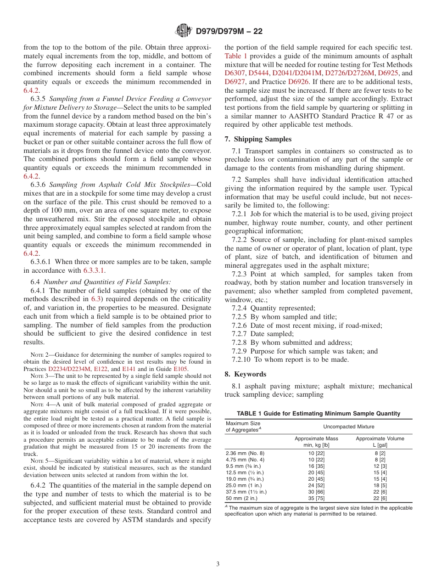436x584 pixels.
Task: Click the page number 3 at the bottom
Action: [x=218, y=564]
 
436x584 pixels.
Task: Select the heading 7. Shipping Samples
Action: [x=258, y=139]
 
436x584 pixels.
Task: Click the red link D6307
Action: [x=235, y=73]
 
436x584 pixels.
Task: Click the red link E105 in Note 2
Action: [x=180, y=369]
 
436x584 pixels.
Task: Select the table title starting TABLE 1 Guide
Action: [x=318, y=414]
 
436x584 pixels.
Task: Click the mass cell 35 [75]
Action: [x=316, y=497]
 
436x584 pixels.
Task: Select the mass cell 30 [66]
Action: [x=316, y=491]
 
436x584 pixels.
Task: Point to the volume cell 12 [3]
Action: [x=380, y=466]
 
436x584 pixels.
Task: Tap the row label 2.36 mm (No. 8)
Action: [x=245, y=453]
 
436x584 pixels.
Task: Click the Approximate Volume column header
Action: [x=380, y=438]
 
